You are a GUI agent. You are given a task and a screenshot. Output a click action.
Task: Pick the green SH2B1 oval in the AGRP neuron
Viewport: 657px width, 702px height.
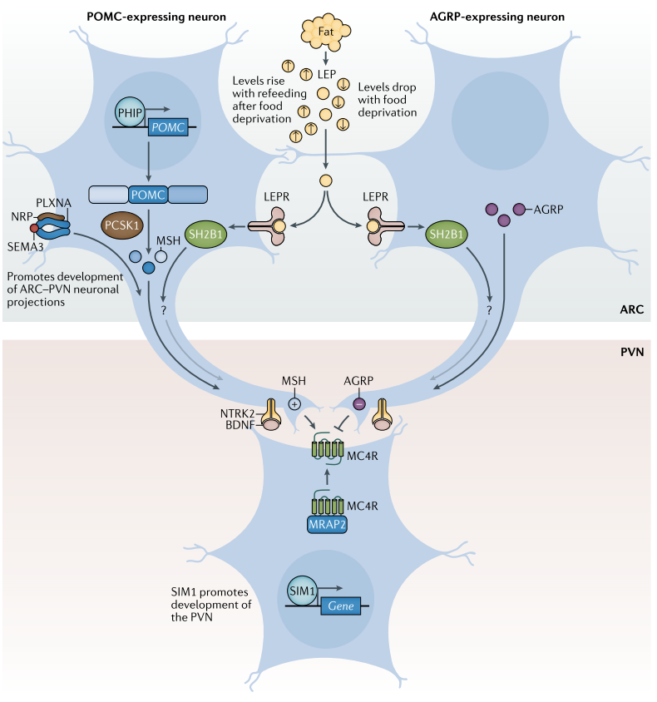point(447,236)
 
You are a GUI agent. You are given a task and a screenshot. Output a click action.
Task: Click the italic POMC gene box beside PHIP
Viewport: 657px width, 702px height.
point(170,129)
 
